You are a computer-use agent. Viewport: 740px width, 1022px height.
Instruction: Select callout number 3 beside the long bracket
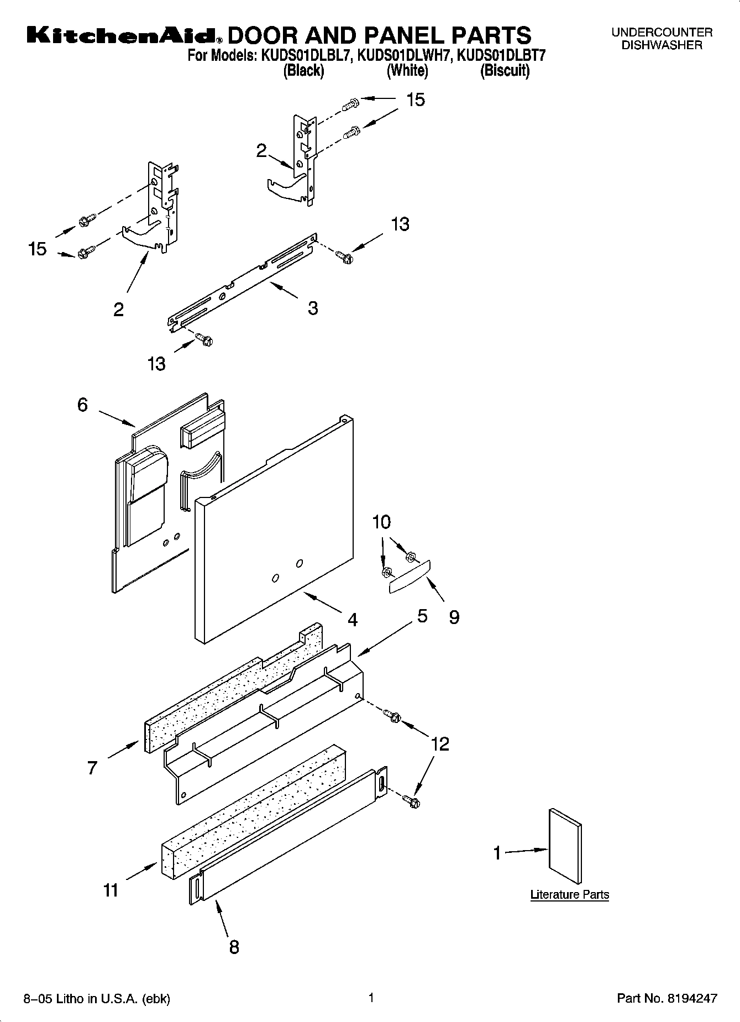tap(313, 308)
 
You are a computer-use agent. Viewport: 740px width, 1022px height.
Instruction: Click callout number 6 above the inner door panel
tap(82, 405)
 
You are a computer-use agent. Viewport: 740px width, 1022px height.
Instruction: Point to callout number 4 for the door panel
tap(352, 620)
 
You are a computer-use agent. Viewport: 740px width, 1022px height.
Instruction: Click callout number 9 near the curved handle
tap(453, 617)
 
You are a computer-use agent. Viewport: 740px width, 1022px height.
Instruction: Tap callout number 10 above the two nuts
tap(381, 522)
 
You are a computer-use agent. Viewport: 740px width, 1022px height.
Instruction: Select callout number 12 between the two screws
tap(440, 744)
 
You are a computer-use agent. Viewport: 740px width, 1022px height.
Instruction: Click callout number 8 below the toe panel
tap(234, 947)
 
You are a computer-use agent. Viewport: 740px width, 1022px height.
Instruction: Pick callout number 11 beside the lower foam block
tap(111, 890)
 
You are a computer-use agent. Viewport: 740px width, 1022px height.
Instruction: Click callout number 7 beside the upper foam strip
tap(92, 768)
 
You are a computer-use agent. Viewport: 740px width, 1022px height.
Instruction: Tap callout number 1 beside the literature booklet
tap(497, 853)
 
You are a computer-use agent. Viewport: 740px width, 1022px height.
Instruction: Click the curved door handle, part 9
tap(410, 576)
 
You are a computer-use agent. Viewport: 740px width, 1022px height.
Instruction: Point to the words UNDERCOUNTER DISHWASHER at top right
tap(662, 39)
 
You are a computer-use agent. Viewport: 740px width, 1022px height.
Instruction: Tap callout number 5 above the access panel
tap(422, 616)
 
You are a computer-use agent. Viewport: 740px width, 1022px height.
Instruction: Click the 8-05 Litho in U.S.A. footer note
tap(97, 999)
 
